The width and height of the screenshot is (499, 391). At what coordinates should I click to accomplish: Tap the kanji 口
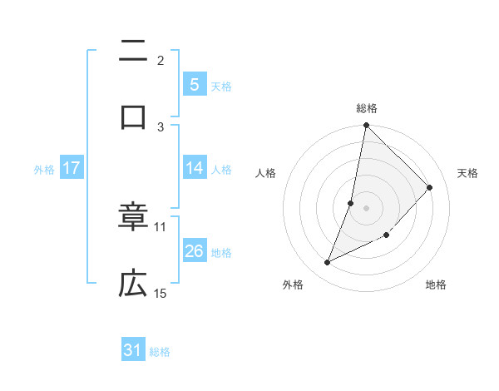click(133, 116)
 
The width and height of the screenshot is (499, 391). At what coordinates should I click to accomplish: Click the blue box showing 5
click(194, 84)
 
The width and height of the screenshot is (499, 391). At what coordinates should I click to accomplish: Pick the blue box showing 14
click(194, 168)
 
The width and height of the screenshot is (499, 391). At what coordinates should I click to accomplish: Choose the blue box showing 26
click(194, 251)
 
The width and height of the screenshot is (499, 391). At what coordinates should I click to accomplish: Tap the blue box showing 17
click(72, 168)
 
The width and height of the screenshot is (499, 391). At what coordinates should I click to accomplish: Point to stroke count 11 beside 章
click(161, 226)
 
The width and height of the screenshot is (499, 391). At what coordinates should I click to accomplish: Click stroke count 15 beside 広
click(161, 293)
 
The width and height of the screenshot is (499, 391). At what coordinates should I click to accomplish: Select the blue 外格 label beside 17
click(44, 169)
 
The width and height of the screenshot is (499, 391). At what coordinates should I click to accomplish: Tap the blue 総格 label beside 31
click(160, 352)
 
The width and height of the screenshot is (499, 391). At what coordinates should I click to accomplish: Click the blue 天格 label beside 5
click(221, 86)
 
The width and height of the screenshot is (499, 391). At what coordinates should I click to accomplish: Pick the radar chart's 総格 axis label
click(367, 108)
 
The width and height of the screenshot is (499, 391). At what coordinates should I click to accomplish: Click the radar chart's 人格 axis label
click(265, 173)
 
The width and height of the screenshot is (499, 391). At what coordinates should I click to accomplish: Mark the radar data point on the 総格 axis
click(366, 126)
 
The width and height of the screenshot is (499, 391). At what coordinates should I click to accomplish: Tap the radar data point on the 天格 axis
click(430, 187)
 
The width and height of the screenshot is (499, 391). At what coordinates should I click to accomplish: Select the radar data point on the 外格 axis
click(328, 263)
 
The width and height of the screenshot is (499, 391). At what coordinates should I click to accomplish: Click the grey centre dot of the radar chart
click(366, 207)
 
